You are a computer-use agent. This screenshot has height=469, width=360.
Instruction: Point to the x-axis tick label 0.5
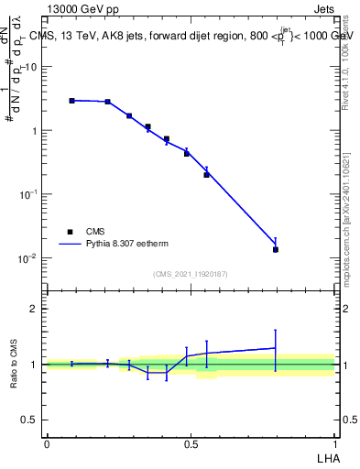(191, 444)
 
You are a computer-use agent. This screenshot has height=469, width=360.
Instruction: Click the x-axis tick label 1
(335, 444)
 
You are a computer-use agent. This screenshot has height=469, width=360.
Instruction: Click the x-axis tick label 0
(47, 444)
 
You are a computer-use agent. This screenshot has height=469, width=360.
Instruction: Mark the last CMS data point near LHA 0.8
(275, 249)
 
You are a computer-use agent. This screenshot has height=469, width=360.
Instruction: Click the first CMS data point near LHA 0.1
(71, 101)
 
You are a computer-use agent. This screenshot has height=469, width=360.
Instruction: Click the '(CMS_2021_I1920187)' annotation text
(190, 274)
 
